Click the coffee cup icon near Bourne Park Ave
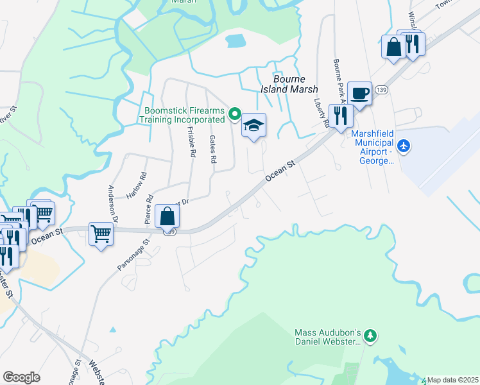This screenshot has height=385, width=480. pyautogui.click(x=359, y=92)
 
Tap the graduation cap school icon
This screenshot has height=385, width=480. pyautogui.click(x=253, y=124)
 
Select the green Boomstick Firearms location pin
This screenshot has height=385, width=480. pyautogui.click(x=234, y=115)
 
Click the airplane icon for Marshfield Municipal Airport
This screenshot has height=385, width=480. pyautogui.click(x=404, y=146)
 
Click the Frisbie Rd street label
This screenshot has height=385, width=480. pyautogui.click(x=191, y=141)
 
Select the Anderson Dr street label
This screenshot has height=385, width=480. pyautogui.click(x=114, y=203)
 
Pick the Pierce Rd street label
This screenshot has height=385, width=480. pyautogui.click(x=148, y=209)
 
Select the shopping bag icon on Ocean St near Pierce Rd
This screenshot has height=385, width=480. pyautogui.click(x=167, y=216)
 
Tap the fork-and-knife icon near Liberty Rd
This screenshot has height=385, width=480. pyautogui.click(x=340, y=115)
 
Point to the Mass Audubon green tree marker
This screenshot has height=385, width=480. pyautogui.click(x=370, y=336)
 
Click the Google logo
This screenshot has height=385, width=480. pyautogui.click(x=22, y=377)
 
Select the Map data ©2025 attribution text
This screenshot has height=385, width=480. pyautogui.click(x=453, y=380)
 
